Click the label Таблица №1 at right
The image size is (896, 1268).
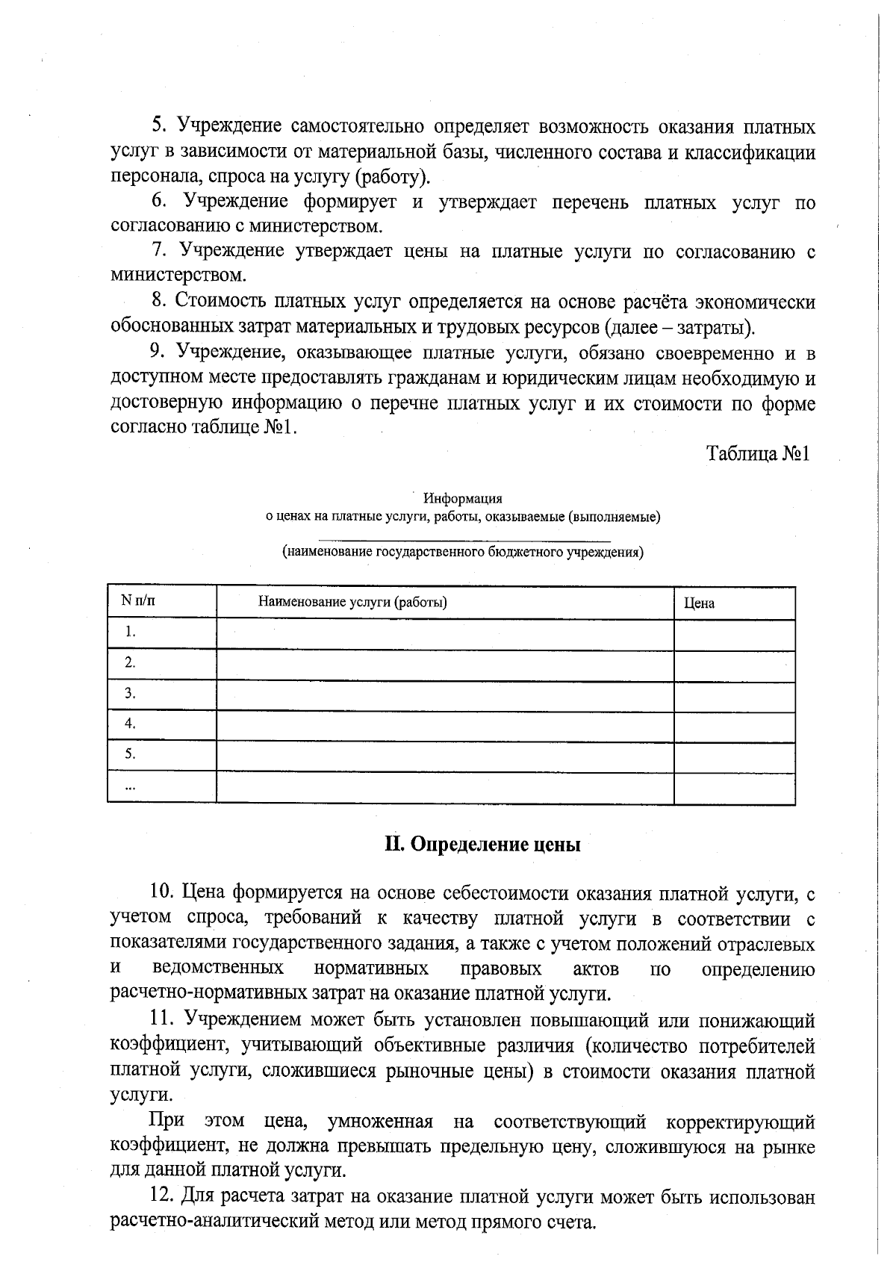(x=758, y=454)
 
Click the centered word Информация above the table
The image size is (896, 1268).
(x=462, y=498)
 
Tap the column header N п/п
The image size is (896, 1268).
(x=138, y=600)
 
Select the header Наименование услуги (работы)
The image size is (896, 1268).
(x=352, y=602)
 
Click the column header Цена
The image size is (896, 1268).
(x=699, y=603)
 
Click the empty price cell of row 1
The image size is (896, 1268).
(x=734, y=635)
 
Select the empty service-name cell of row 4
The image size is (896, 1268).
(x=445, y=724)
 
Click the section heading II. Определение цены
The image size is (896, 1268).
(x=482, y=845)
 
